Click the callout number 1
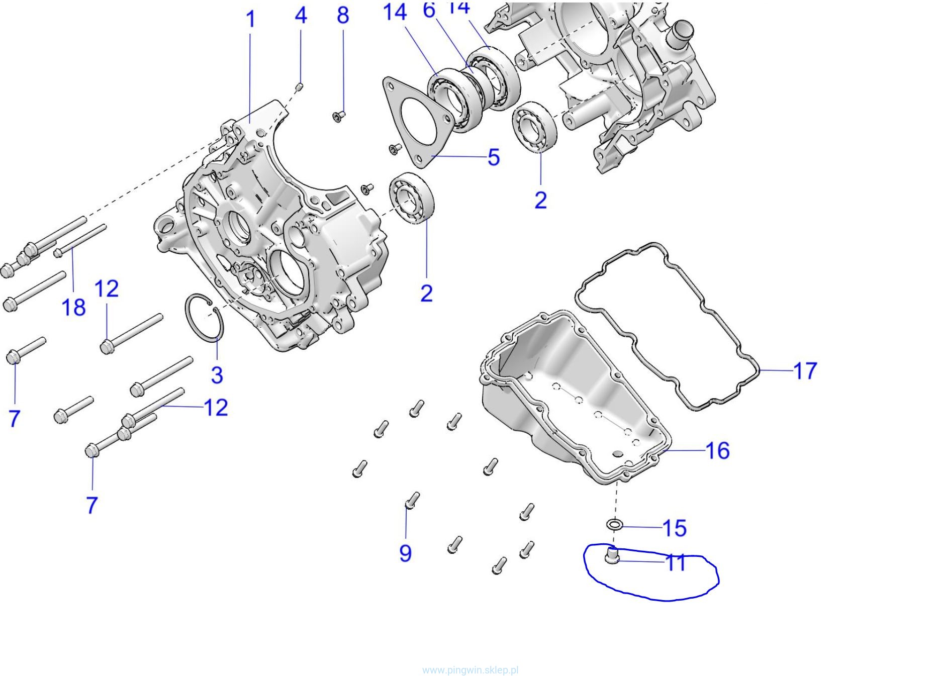click(x=250, y=20)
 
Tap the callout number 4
click(x=301, y=16)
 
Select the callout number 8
click(x=343, y=16)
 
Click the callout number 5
click(x=494, y=157)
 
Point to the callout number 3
click(x=217, y=375)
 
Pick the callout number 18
click(x=73, y=307)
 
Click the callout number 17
click(x=805, y=371)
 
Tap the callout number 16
click(x=717, y=450)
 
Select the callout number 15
click(x=674, y=528)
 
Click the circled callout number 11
click(x=675, y=563)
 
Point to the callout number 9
click(x=405, y=553)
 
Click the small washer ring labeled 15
click(x=615, y=525)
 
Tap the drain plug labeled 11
click(x=612, y=556)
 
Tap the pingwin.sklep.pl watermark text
click(x=470, y=670)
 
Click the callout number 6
click(x=429, y=10)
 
